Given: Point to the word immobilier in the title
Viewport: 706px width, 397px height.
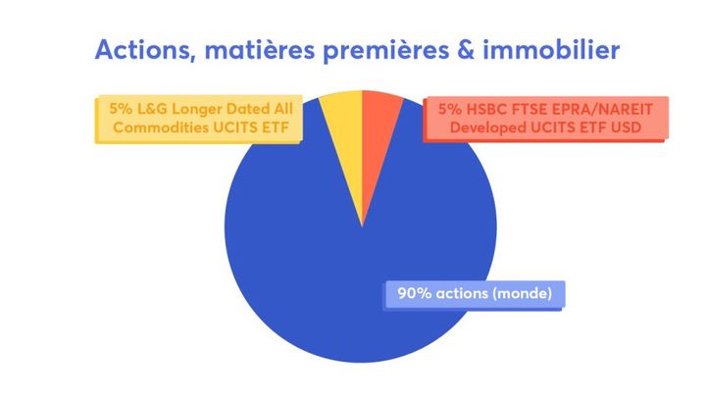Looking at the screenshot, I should [x=556, y=50].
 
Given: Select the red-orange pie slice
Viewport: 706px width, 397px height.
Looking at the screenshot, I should [x=378, y=123].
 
